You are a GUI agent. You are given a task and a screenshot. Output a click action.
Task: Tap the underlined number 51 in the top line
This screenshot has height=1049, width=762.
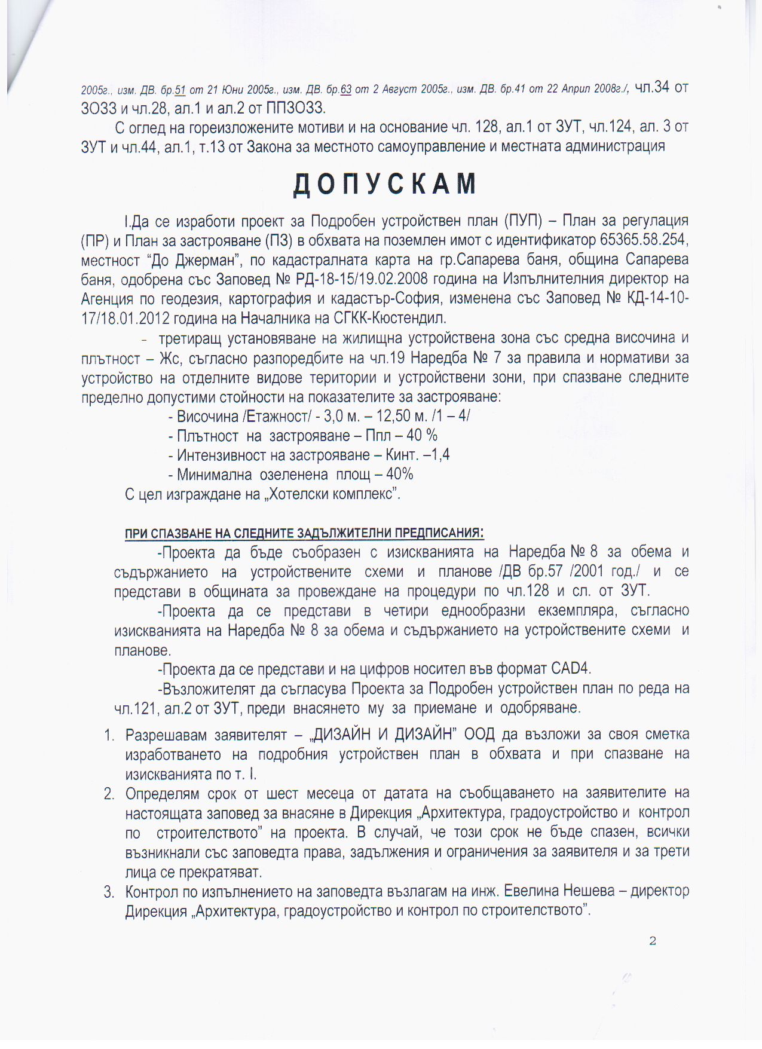click(x=180, y=90)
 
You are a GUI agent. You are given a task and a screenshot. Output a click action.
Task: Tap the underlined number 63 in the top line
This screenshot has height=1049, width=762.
click(x=345, y=90)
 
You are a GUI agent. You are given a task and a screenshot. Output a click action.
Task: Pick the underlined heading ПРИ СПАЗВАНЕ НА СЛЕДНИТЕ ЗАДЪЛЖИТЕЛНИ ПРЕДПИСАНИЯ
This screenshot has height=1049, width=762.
click(x=304, y=533)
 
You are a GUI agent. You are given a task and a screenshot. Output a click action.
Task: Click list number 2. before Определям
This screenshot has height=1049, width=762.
click(x=109, y=794)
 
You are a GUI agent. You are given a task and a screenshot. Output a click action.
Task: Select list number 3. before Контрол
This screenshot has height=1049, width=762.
click(x=109, y=892)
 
